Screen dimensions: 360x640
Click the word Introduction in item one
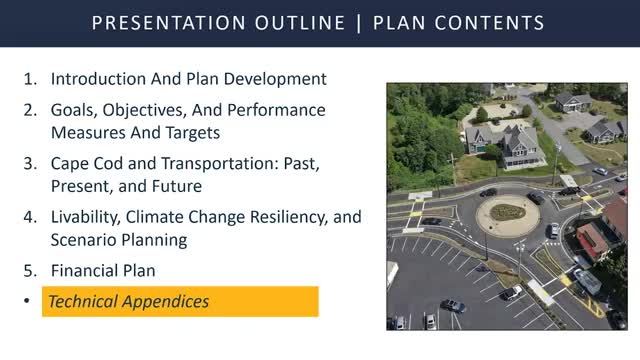97,78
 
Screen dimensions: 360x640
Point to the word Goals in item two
75,110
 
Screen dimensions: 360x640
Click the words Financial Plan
103,270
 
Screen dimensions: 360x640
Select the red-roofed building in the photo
594,239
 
